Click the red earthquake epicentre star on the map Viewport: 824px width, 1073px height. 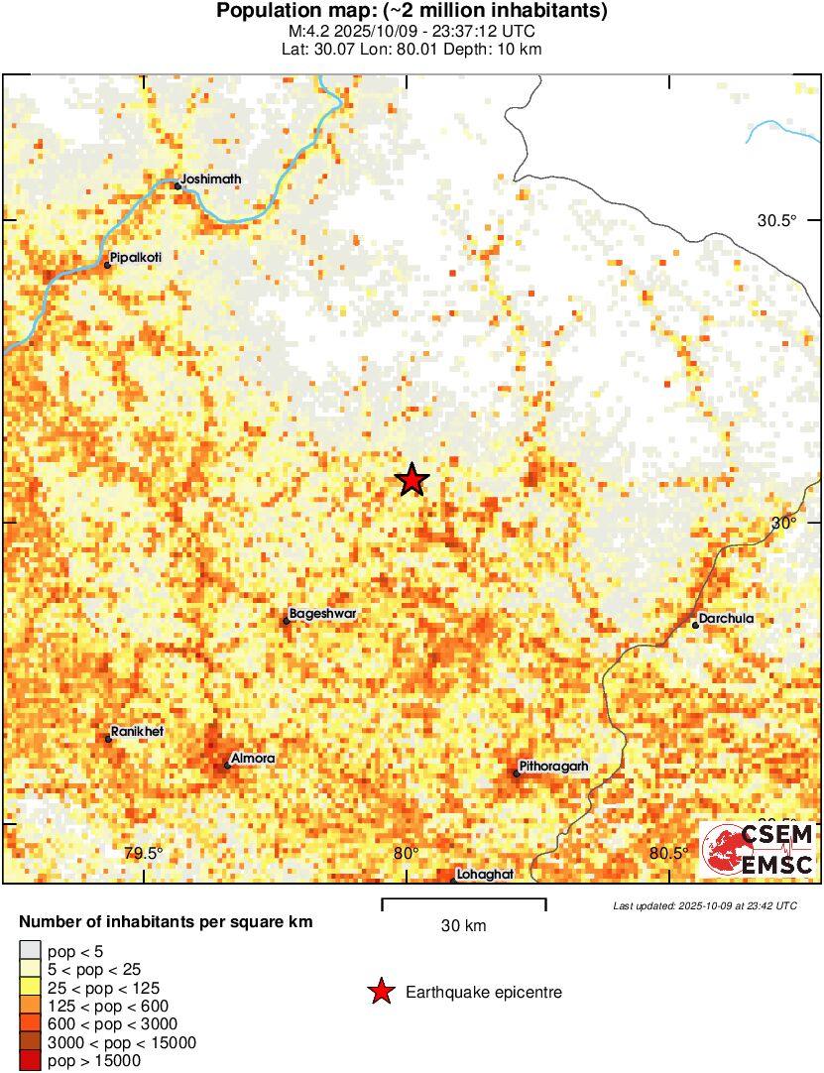pyautogui.click(x=412, y=480)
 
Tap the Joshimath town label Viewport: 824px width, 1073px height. pyautogui.click(x=211, y=179)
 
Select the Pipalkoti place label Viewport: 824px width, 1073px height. pyautogui.click(x=135, y=257)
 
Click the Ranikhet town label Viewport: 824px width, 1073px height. pyautogui.click(x=137, y=732)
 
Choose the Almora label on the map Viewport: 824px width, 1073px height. pyautogui.click(x=252, y=759)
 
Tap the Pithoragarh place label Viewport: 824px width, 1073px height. pyautogui.click(x=553, y=767)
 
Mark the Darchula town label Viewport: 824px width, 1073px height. pyautogui.click(x=726, y=619)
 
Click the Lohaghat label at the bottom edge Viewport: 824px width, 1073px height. pyautogui.click(x=485, y=876)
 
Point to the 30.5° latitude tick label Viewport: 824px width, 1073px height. pyautogui.click(x=777, y=220)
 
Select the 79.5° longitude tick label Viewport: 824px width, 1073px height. pyautogui.click(x=143, y=854)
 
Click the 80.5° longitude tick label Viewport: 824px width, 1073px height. pyautogui.click(x=668, y=854)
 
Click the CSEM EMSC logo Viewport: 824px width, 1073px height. pyautogui.click(x=759, y=850)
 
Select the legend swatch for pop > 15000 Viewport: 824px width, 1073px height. pyautogui.click(x=31, y=1060)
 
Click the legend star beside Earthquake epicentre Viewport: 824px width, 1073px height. pyautogui.click(x=380, y=992)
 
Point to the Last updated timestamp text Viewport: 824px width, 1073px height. pyautogui.click(x=704, y=905)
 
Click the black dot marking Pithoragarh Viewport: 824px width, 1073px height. pyautogui.click(x=517, y=773)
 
